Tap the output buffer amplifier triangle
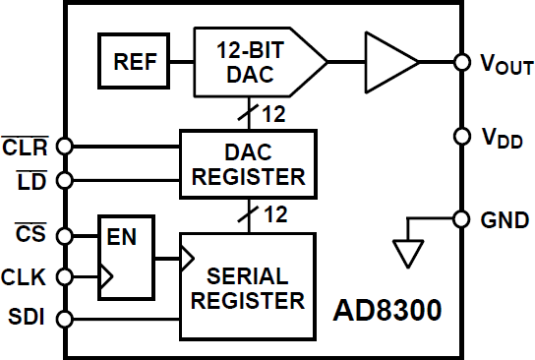(389, 62)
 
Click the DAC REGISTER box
(248, 162)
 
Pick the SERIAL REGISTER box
(248, 285)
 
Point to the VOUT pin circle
(460, 62)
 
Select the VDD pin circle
(460, 136)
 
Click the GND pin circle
(460, 218)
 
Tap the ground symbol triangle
(405, 255)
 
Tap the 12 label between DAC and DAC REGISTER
(273, 115)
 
